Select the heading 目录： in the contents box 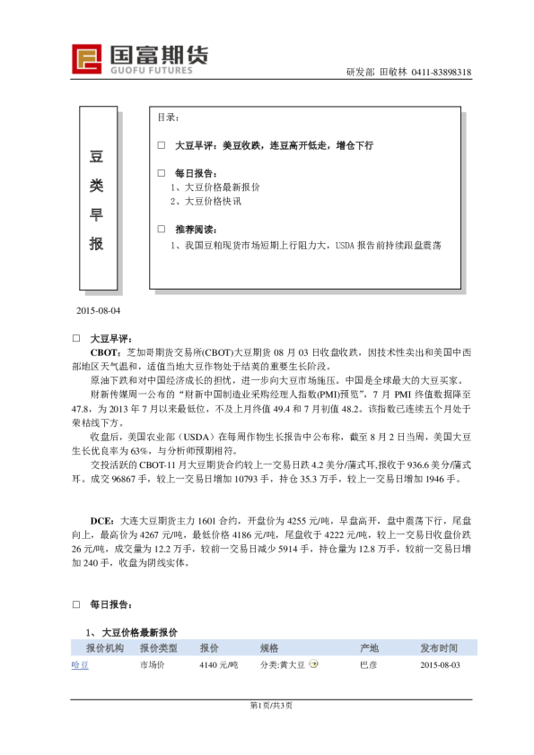click(168, 117)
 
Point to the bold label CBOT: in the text click(108, 354)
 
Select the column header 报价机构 click(105, 647)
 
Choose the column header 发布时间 click(439, 647)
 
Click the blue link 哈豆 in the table click(80, 665)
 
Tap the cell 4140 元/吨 click(218, 665)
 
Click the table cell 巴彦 click(368, 665)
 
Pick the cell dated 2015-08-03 click(440, 665)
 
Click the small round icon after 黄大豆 click(314, 664)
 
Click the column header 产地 click(369, 647)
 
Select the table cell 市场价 click(152, 665)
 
